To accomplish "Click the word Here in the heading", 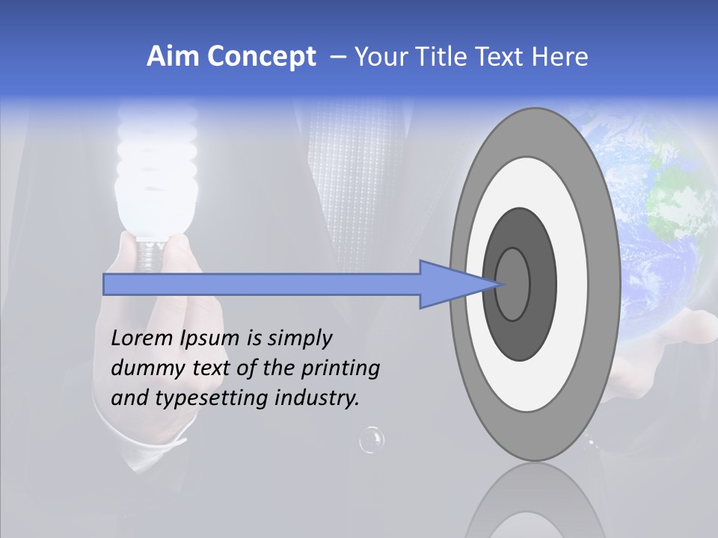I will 560,57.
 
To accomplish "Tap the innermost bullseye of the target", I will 513,284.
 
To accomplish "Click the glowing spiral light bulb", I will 157,179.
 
